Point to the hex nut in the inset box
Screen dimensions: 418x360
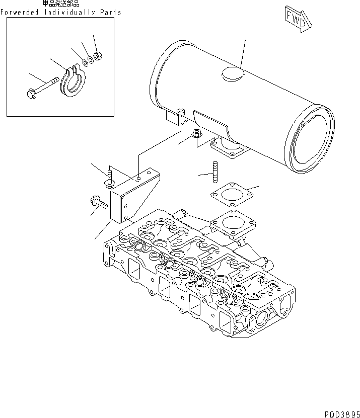[x=99, y=54]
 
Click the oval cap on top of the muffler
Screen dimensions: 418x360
[x=232, y=73]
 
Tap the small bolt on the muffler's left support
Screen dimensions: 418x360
[x=181, y=113]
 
